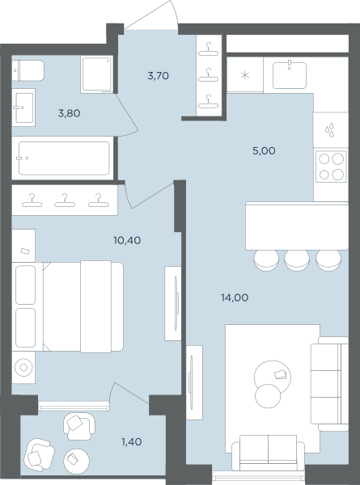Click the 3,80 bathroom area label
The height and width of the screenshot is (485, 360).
pos(69,113)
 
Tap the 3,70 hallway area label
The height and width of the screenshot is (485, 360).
pos(159,76)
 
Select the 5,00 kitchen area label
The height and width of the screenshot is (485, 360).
pos(264,151)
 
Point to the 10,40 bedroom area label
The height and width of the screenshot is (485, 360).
pos(127,240)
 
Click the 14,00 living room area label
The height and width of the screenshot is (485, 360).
pos(235,297)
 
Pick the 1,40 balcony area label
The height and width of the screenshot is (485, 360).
pos(132,442)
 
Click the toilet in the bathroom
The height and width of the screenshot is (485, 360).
pos(28,70)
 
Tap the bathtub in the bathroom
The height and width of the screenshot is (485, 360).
pos(64,158)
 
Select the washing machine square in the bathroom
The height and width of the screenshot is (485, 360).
pos(96,74)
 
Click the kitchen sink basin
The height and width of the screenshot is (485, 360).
pos(290,75)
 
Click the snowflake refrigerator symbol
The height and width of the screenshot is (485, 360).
pos(245,75)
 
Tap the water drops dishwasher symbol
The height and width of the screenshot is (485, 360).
pos(330,129)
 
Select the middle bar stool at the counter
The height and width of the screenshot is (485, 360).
pos(297,260)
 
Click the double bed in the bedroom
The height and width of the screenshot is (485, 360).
pos(68,306)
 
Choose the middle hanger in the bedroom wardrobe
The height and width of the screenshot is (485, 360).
pos(65,200)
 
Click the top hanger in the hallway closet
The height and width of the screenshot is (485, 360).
pos(209,48)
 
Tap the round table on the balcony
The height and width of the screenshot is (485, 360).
pos(77,461)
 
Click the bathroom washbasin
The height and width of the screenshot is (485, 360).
pos(23,108)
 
